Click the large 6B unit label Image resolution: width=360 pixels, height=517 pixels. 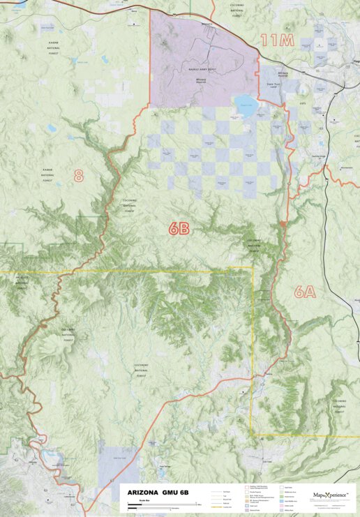coord(179,228)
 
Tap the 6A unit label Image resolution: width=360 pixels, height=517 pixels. coord(305,292)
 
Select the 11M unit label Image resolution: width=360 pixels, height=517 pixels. coord(277,40)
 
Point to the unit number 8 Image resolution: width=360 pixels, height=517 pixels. coord(79,176)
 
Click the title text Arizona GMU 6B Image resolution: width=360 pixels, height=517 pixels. coord(157,493)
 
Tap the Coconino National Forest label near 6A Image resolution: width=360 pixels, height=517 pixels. coord(255,244)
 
